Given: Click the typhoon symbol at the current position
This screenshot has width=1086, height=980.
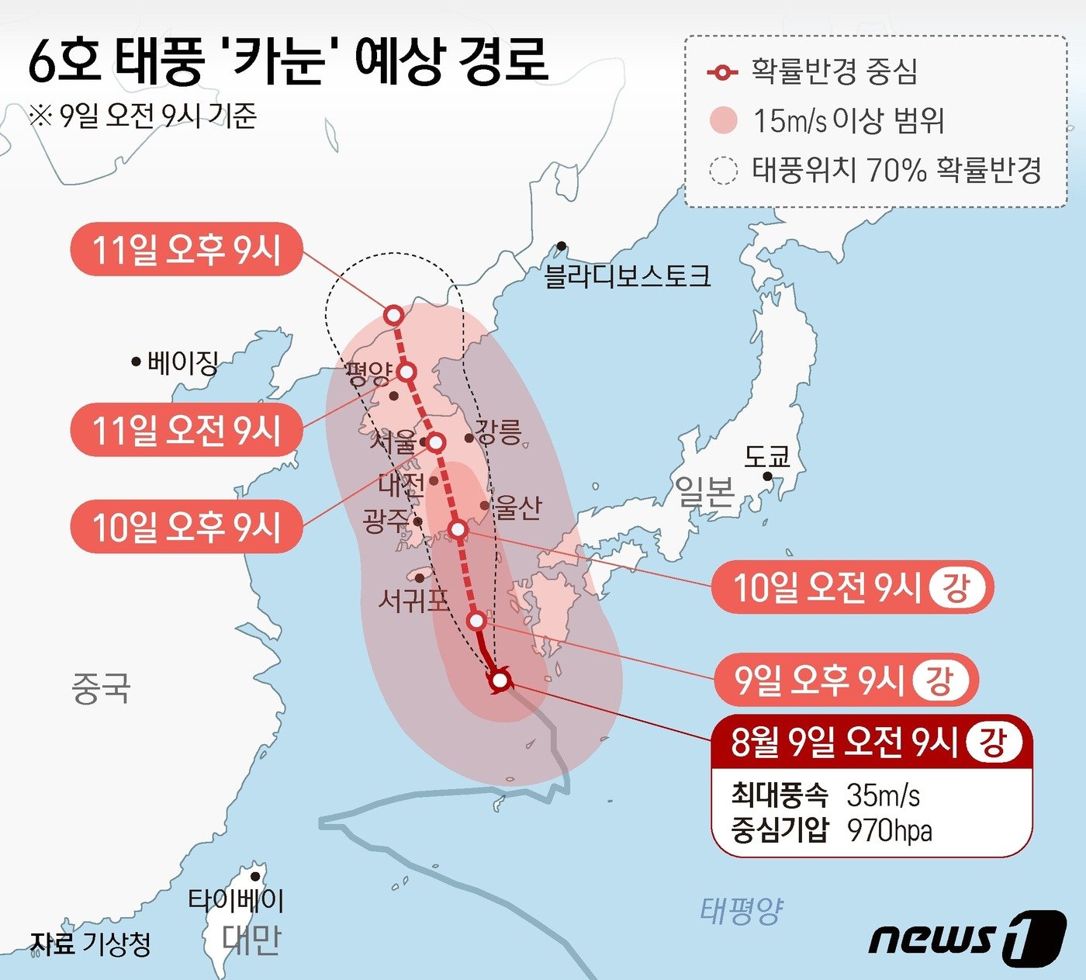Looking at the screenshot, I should (x=500, y=680).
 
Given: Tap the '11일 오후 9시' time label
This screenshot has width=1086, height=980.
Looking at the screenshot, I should (x=186, y=250).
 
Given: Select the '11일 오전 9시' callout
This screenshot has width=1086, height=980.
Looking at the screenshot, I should (x=186, y=430).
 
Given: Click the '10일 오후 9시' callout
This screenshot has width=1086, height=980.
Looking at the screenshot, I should (x=186, y=528).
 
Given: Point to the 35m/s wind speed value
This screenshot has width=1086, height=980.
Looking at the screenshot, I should (x=883, y=795).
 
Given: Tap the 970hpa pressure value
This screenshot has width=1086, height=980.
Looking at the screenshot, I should (x=889, y=830).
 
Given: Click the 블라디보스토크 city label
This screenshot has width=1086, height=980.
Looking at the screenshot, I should (x=627, y=276).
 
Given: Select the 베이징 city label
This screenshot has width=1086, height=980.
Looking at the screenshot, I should (x=182, y=362).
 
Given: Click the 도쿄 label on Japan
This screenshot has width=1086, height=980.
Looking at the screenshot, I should (x=766, y=456).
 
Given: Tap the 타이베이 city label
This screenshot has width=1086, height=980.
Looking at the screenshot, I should (x=236, y=900).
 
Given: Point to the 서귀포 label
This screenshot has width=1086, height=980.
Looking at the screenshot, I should (x=413, y=600).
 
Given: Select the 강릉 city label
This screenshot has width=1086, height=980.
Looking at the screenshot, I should (x=498, y=431).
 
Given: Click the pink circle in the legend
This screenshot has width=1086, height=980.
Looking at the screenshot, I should (x=723, y=120).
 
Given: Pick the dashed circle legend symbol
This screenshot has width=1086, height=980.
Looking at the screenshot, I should (x=723, y=170).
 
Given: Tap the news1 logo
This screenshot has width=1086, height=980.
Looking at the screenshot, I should (x=967, y=938).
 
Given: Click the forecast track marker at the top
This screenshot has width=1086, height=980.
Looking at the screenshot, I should (x=394, y=315).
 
